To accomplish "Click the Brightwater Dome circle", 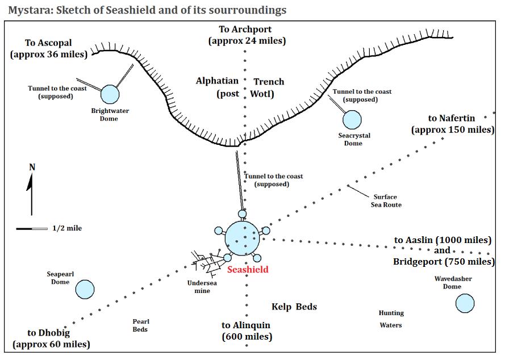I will (x=110, y=94).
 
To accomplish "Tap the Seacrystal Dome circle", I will (x=352, y=119).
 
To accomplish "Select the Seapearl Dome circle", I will (x=85, y=290).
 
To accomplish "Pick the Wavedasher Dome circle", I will (x=465, y=303).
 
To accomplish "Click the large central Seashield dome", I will (x=243, y=238).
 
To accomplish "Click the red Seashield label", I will (x=248, y=270).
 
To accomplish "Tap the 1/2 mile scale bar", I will (x=32, y=228).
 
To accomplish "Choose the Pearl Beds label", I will (x=140, y=325).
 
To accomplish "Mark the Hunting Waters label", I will (x=391, y=319).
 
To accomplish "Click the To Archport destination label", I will (x=245, y=35).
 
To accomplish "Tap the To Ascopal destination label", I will (x=49, y=49).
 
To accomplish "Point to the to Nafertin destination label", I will (x=452, y=124).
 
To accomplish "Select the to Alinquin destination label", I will (x=246, y=330).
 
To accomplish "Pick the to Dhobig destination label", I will (x=52, y=338).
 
